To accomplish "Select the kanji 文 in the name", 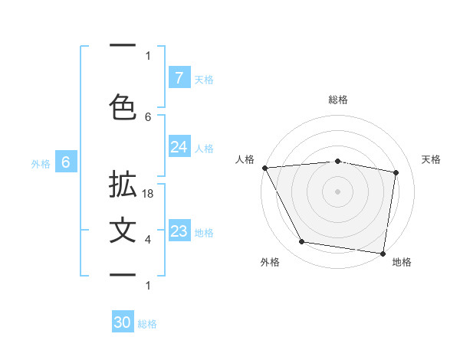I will [123, 231].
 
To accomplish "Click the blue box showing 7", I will [179, 77].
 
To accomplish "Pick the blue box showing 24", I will [179, 147].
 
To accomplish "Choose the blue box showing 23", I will [179, 231].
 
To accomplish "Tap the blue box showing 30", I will [123, 322].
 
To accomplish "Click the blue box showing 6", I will [66, 162].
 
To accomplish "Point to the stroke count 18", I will [148, 195].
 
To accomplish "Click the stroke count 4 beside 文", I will [148, 240].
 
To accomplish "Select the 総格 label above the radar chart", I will [338, 100].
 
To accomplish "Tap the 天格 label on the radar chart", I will [432, 159].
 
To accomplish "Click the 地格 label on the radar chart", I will [402, 262].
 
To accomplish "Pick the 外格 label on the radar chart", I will [270, 262].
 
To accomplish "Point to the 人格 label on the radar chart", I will [245, 159].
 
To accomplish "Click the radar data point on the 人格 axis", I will [264, 168].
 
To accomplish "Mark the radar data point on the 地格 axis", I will [383, 253].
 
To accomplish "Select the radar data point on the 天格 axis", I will [396, 172].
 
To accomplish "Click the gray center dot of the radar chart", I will [338, 191].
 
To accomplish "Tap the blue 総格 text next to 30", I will [147, 324].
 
